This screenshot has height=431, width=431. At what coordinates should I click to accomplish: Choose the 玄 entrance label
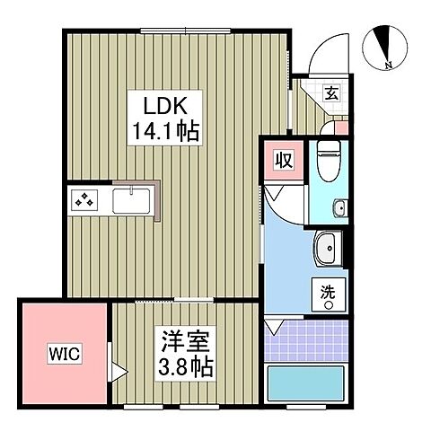[330, 92]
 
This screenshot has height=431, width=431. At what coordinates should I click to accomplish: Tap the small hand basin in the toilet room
[339, 209]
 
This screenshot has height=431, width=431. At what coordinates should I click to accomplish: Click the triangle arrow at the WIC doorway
[116, 367]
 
